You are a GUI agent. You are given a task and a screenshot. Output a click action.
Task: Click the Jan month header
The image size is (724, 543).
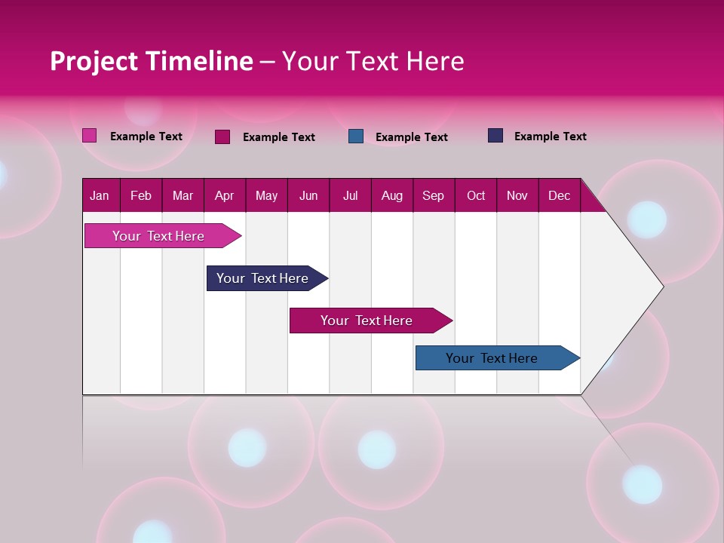tap(100, 196)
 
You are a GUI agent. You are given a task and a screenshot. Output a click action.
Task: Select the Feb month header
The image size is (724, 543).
tap(141, 196)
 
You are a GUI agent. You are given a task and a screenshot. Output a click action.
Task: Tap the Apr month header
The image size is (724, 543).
tap(224, 196)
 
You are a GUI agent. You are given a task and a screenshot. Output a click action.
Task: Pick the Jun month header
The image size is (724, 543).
tap(308, 196)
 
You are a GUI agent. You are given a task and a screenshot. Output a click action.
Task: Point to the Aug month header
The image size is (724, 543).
tap(391, 196)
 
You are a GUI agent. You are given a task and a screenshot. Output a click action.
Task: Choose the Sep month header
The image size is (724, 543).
tap(433, 196)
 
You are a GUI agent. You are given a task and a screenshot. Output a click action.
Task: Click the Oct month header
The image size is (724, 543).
tap(476, 196)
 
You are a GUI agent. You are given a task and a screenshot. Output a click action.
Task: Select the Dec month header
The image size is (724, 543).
tap(559, 196)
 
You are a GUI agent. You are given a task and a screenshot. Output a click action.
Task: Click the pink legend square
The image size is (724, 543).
tap(89, 136)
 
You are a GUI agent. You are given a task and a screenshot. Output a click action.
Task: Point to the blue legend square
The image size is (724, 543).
tap(356, 137)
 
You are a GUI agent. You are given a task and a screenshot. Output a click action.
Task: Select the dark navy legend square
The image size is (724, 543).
tap(495, 136)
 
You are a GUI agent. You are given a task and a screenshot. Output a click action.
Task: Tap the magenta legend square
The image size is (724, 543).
tap(222, 137)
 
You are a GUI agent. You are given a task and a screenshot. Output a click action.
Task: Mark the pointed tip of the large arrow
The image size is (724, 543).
tap(661, 286)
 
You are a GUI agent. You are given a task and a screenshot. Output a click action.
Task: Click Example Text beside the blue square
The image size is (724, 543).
tap(411, 137)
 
